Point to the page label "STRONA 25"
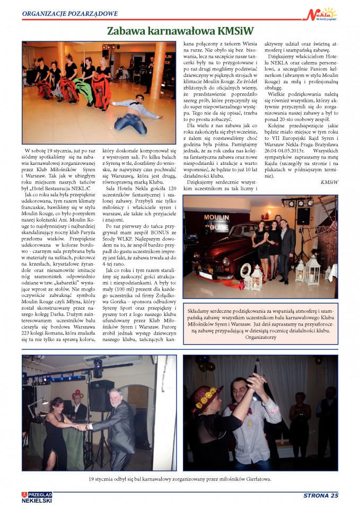click(x=320, y=496)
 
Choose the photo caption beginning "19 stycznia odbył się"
click(x=180, y=479)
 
